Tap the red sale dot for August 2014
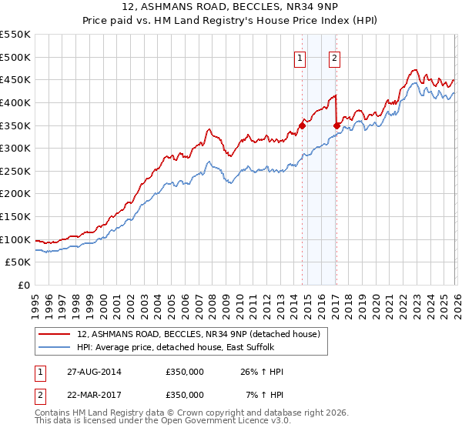coord(302,126)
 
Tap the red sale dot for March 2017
coord(336,126)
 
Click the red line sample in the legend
coord(55,333)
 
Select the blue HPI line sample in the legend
coord(55,348)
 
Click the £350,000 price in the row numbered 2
coord(185,395)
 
